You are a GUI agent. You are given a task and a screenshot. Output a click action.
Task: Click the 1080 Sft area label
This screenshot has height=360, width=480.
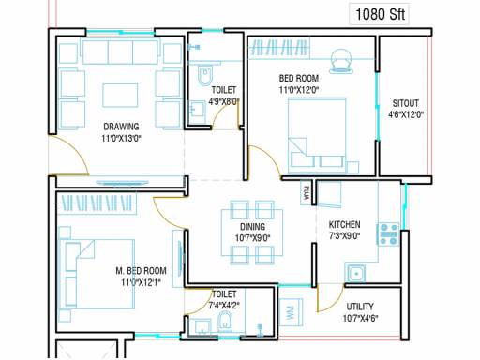tap(380, 14)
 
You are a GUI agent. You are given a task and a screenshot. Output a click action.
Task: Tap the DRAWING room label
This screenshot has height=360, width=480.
tap(121, 127)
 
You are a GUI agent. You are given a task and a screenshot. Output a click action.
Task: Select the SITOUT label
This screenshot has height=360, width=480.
tap(405, 103)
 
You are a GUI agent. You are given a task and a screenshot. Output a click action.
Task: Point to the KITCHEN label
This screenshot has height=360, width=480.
tap(344, 224)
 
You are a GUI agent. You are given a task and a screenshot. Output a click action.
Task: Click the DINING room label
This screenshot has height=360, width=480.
tap(252, 227)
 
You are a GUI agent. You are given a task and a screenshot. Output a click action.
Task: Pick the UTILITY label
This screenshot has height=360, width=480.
tap(360, 307)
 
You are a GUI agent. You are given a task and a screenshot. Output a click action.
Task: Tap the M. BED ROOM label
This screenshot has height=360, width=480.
tap(141, 271)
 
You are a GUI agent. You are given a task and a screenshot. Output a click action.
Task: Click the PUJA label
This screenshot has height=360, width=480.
tap(306, 192)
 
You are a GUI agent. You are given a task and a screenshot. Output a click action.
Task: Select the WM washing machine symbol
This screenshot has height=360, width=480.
tap(291, 312)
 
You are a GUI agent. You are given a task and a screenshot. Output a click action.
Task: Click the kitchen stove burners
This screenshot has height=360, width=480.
tap(388, 233)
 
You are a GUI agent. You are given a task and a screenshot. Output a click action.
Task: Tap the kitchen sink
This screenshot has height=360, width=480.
tap(355, 274)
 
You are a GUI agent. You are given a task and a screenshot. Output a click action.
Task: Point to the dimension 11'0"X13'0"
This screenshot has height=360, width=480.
tap(121, 138)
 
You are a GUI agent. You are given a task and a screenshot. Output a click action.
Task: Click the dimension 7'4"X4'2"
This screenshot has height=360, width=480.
tap(224, 306)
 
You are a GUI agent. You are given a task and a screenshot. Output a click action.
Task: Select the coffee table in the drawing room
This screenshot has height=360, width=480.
tap(120, 96)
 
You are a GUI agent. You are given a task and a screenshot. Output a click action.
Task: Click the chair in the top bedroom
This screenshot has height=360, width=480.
tap(340, 62)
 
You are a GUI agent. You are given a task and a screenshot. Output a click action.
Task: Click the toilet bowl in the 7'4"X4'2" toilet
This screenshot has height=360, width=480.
tap(225, 322)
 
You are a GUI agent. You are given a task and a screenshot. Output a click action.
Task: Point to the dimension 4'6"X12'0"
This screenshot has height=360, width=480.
tap(406, 115)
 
